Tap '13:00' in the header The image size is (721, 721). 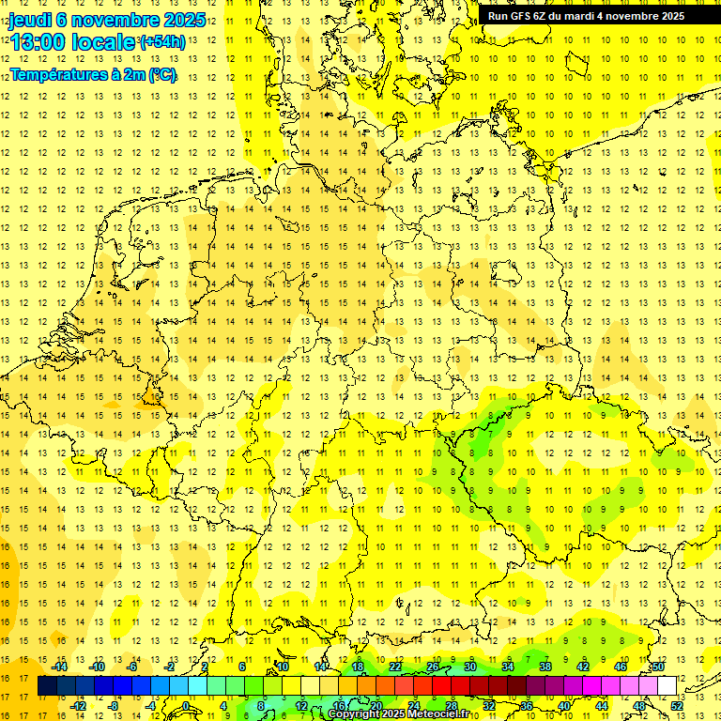click(x=37, y=42)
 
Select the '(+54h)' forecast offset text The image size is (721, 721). click(x=161, y=42)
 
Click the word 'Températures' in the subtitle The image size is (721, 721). click(x=57, y=75)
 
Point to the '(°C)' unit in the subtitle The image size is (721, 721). click(x=162, y=75)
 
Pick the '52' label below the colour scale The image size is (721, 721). click(x=677, y=705)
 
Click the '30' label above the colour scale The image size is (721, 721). click(x=469, y=667)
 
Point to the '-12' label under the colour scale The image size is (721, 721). click(x=80, y=705)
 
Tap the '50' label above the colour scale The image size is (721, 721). click(x=658, y=667)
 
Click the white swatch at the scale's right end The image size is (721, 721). click(x=667, y=686)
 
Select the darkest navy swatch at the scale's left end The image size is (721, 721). click(x=47, y=686)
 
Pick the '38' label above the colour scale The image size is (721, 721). click(x=545, y=667)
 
